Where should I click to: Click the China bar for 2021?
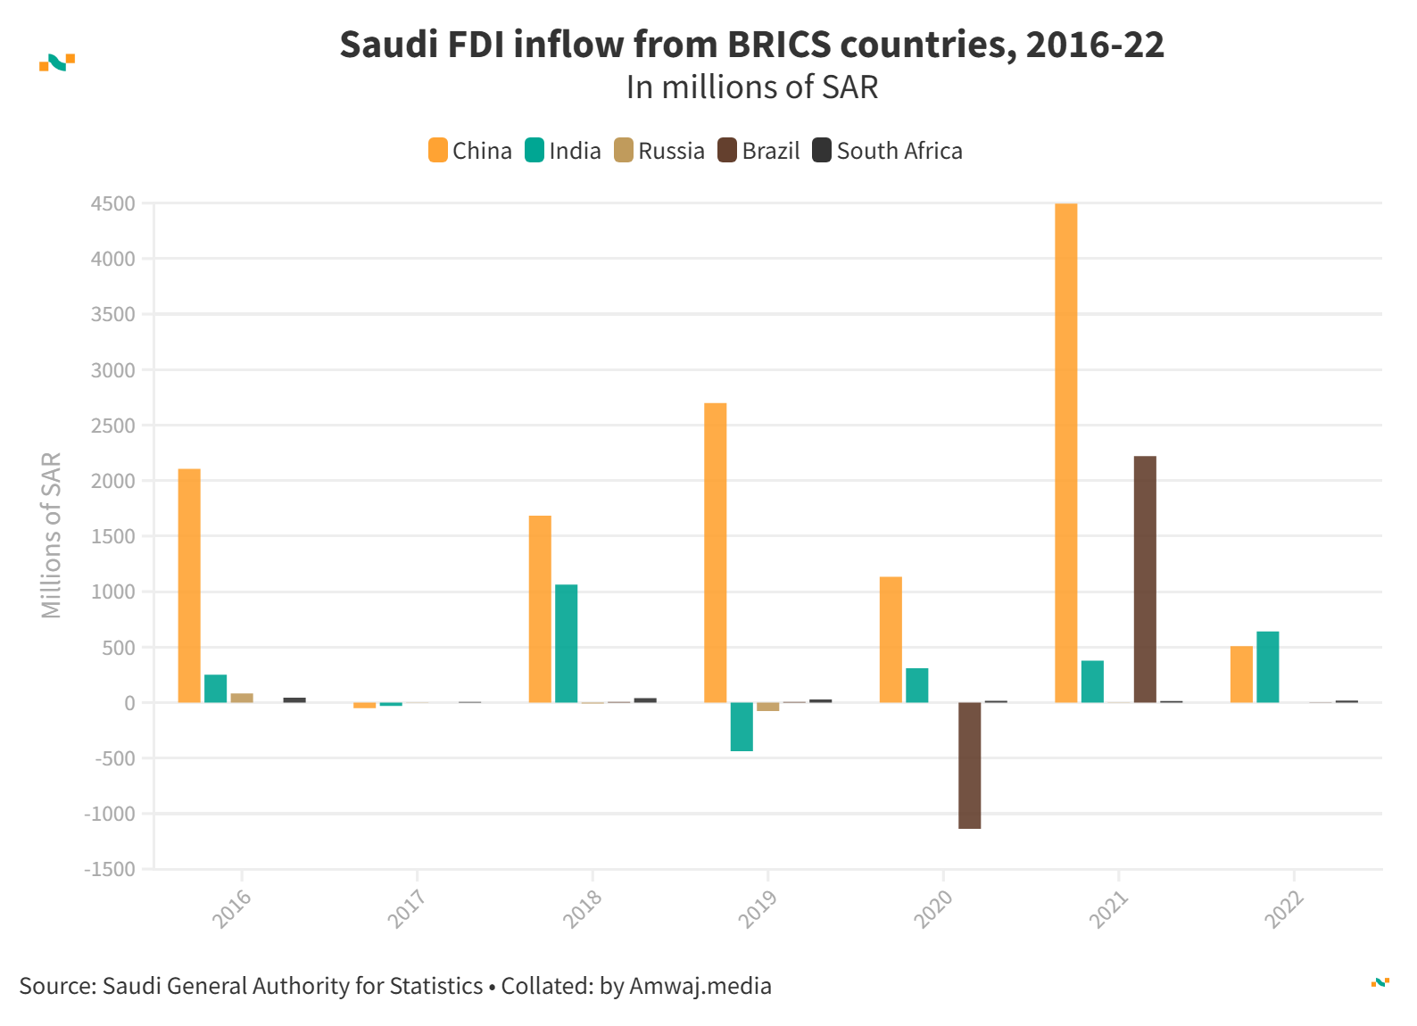(x=1065, y=453)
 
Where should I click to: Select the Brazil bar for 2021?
(x=1145, y=580)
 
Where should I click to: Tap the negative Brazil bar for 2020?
(x=969, y=765)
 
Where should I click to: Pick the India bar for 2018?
(x=566, y=643)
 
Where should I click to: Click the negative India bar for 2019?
(x=742, y=726)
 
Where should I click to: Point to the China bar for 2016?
(x=189, y=586)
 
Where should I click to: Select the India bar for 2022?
(x=1267, y=667)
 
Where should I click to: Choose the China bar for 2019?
(x=715, y=553)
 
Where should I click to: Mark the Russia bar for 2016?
(x=242, y=698)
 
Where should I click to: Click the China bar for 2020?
(x=891, y=640)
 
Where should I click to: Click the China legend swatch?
(x=437, y=150)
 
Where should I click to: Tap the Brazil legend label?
(x=770, y=151)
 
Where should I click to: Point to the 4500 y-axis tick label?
(x=113, y=204)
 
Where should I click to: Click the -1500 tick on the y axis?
(x=111, y=869)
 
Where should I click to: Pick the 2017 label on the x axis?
(x=407, y=909)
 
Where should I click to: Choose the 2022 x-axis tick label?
(x=1284, y=909)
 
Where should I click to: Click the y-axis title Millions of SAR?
(x=51, y=535)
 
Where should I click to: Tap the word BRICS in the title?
(x=779, y=45)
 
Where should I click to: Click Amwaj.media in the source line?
(x=700, y=986)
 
